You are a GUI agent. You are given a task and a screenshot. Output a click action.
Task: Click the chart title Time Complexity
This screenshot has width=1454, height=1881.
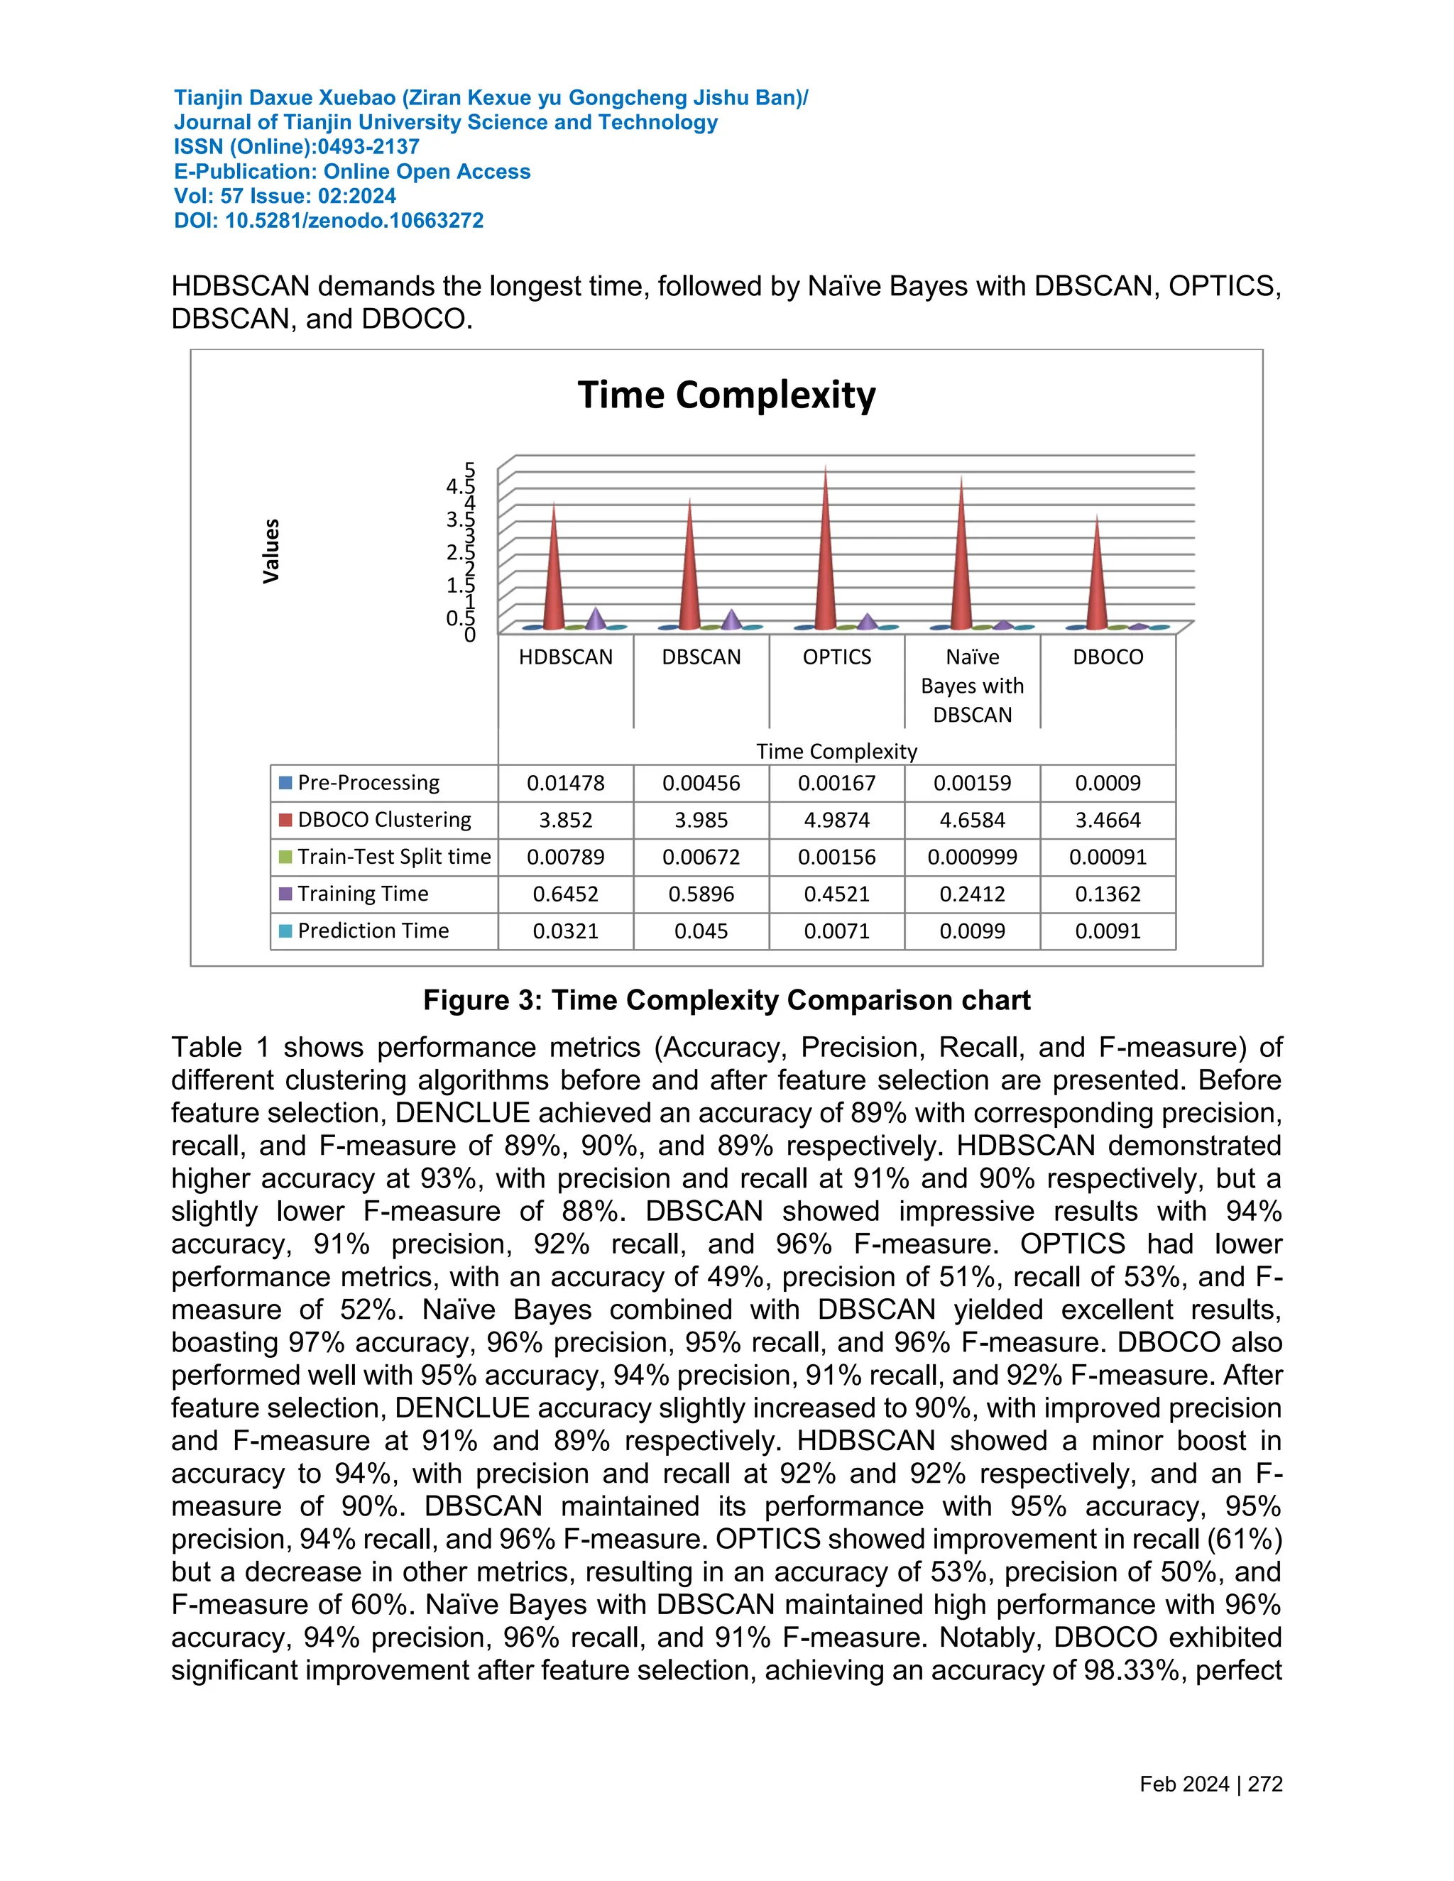click(726, 395)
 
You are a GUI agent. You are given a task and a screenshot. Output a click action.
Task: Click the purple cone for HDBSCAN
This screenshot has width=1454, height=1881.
click(595, 619)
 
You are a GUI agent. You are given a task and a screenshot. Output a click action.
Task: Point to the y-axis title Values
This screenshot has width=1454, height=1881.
click(271, 552)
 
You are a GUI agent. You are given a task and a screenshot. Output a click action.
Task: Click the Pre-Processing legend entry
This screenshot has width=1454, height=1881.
click(368, 783)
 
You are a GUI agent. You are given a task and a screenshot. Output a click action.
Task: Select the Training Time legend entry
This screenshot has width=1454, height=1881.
click(363, 894)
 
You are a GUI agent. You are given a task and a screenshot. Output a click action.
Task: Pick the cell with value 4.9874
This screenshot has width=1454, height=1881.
click(836, 820)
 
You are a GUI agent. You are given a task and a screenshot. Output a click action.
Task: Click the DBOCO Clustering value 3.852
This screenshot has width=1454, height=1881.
click(565, 820)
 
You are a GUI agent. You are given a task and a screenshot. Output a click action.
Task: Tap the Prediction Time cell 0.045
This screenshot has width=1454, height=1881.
click(701, 931)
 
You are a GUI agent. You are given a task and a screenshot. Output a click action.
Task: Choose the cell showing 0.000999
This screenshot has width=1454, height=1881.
click(972, 857)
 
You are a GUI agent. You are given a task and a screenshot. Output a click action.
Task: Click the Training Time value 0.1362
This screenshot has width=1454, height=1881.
click(1107, 894)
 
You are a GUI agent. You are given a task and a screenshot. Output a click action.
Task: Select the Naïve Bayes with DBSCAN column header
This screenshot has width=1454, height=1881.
click(972, 686)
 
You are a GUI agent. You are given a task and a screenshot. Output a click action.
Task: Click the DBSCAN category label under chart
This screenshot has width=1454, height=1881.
click(701, 657)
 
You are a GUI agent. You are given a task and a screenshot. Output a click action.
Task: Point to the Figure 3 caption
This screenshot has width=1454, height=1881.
click(726, 1000)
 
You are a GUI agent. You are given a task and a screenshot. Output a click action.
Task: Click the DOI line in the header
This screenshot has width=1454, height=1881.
click(328, 221)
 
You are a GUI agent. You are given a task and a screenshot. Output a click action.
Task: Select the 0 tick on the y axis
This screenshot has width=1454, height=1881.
click(469, 635)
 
